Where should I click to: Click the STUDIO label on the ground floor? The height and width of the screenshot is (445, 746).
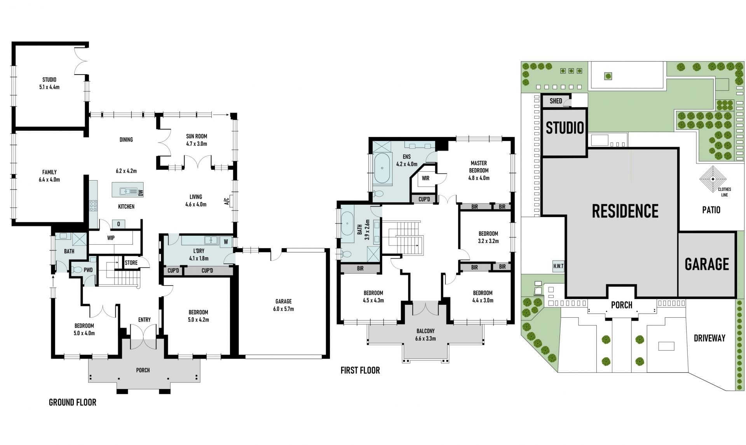tap(49, 80)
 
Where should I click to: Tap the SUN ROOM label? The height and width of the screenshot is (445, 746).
tap(196, 136)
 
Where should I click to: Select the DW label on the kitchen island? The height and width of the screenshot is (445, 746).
tap(141, 192)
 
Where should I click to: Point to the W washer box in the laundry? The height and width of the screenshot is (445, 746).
tap(226, 242)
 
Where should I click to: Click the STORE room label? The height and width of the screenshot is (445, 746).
tap(131, 262)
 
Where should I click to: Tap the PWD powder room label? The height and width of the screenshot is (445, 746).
tap(88, 270)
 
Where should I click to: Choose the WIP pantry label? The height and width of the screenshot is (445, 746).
tap(111, 238)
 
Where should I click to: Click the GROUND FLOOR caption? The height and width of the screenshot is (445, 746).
tap(73, 402)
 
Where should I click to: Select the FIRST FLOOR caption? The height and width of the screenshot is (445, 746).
tap(360, 370)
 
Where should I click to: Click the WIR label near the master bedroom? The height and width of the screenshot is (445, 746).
tap(425, 178)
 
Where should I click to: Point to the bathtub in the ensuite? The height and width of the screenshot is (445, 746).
tap(382, 168)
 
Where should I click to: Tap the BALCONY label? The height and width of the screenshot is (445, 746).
tap(425, 331)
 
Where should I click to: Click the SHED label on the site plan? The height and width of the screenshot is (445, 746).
tap(556, 101)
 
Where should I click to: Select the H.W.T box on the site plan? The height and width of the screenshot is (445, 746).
tap(558, 266)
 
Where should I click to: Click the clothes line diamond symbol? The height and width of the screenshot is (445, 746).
tap(713, 179)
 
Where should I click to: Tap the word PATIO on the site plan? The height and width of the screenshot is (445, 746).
tap(711, 210)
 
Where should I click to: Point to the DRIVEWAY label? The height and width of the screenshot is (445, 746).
tap(709, 338)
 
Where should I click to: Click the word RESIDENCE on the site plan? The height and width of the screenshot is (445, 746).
tap(625, 211)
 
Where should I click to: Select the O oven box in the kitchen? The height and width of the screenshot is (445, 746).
tap(119, 224)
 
